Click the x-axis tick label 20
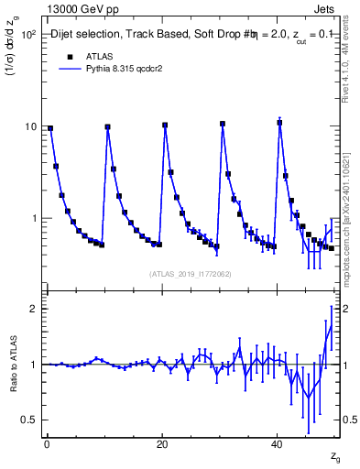[x=162, y=444]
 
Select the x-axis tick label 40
[x=278, y=444]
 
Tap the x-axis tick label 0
[x=47, y=444]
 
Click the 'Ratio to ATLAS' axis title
[x=12, y=365]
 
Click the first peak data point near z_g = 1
[x=50, y=128]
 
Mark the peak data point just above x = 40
[x=279, y=122]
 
